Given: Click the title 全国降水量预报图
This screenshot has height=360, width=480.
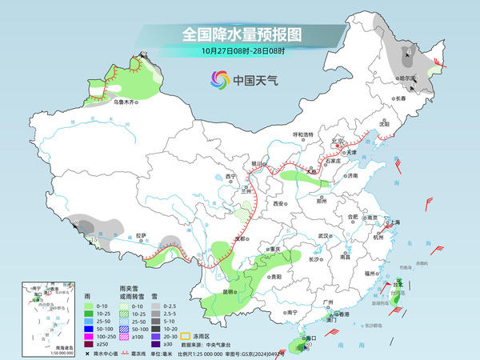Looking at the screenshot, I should (x=241, y=34).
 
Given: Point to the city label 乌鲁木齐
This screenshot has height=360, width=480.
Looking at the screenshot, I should (x=125, y=102).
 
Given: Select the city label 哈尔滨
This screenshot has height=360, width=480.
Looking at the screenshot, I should (x=408, y=78).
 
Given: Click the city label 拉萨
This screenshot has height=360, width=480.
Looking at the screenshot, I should (x=140, y=235).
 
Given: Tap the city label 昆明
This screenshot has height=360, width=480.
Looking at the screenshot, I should (x=229, y=291).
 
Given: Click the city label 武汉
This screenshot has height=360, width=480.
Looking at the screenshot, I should (x=323, y=236).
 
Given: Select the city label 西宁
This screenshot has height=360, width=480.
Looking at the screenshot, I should (x=231, y=176).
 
